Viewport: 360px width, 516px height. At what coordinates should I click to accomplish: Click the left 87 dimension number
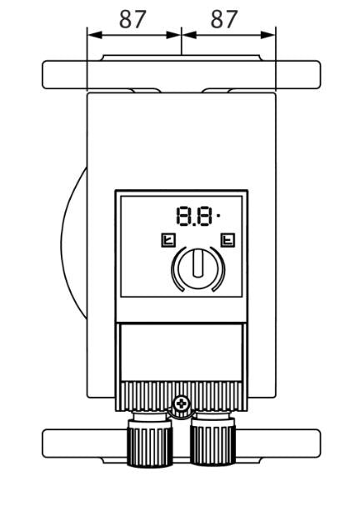click(132, 19)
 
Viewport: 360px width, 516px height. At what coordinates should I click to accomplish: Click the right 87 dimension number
click(223, 19)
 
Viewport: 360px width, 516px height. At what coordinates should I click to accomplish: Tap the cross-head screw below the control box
click(181, 403)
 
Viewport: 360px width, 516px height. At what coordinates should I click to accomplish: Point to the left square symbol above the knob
click(168, 240)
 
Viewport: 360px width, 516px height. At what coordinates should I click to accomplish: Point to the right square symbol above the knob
click(227, 240)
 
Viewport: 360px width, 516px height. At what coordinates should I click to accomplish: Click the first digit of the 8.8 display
click(185, 216)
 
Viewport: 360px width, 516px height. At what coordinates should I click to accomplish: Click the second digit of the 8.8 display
click(203, 216)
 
